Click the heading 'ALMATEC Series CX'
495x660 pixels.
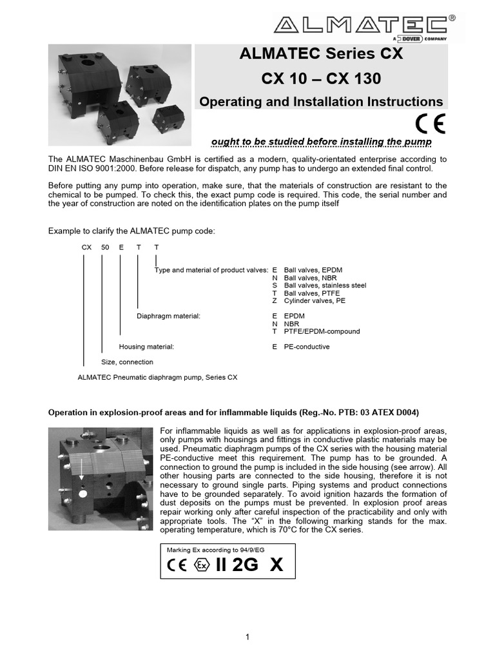(x=320, y=54)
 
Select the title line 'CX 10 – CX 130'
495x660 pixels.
(x=320, y=79)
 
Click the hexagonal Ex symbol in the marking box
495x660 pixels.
(x=202, y=565)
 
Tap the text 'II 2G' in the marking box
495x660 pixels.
(x=237, y=565)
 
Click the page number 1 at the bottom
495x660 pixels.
(x=247, y=637)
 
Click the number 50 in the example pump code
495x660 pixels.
(x=104, y=247)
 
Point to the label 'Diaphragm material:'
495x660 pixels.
(x=168, y=316)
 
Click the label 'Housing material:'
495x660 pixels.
(x=146, y=347)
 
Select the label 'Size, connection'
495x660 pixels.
(x=128, y=362)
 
